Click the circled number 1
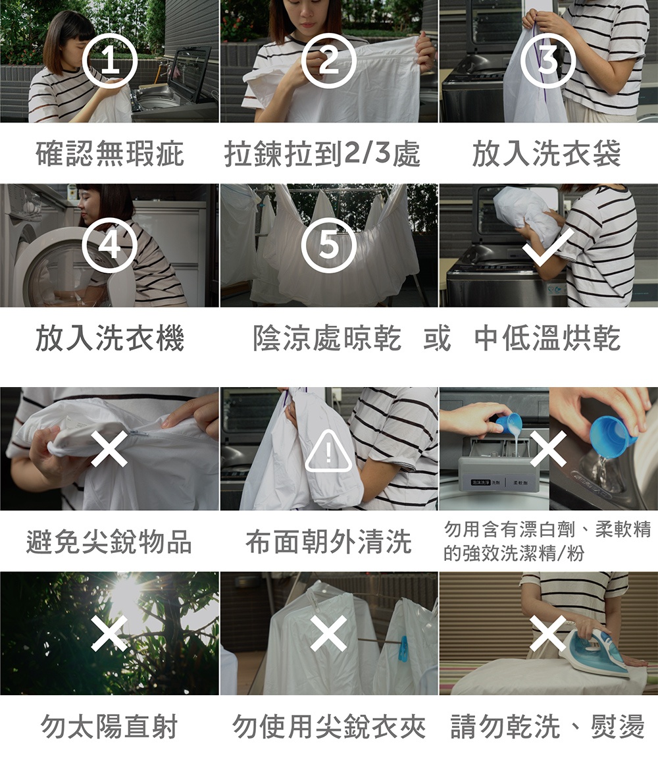point(110,61)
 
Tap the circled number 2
point(329,61)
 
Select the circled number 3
point(548,61)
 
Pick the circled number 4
point(110,246)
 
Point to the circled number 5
point(329,246)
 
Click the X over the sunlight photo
point(110,633)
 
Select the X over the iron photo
point(548,633)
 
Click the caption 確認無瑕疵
point(110,153)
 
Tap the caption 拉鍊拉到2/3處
point(322,153)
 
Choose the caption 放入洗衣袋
point(547,153)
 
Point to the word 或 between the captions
point(438,338)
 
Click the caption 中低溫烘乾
point(547,338)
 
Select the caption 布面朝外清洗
point(328,541)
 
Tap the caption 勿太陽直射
point(110,726)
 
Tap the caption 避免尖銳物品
point(109,541)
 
